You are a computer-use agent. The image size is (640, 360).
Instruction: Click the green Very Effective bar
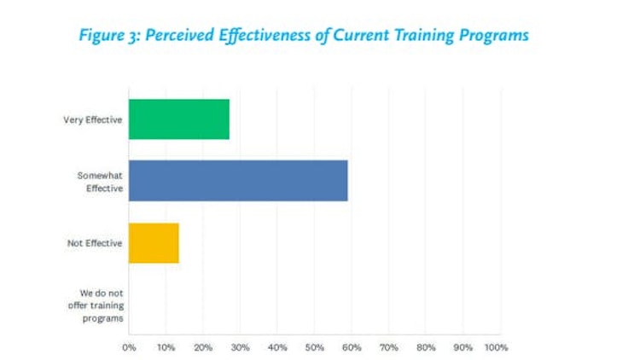pyautogui.click(x=179, y=119)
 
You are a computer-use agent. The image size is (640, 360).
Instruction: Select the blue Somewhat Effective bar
pyautogui.click(x=238, y=181)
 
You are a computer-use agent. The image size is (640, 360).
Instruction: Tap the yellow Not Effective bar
pyautogui.click(x=154, y=243)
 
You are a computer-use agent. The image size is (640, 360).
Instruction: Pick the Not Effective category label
pyautogui.click(x=96, y=243)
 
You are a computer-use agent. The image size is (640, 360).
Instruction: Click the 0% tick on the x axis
pyautogui.click(x=129, y=347)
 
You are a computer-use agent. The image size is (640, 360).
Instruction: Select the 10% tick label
pyautogui.click(x=166, y=347)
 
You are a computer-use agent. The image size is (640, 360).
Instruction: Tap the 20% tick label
pyautogui.click(x=203, y=347)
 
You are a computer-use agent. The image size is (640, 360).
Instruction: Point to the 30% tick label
pyautogui.click(x=240, y=347)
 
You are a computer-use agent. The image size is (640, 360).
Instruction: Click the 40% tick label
pyautogui.click(x=277, y=347)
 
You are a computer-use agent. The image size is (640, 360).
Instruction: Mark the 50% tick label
pyautogui.click(x=315, y=347)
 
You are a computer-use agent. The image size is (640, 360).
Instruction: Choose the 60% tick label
pyautogui.click(x=352, y=347)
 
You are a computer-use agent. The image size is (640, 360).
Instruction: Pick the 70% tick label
pyautogui.click(x=389, y=347)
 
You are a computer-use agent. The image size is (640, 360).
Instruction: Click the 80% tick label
pyautogui.click(x=426, y=347)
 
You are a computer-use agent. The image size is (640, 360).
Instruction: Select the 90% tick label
pyautogui.click(x=463, y=347)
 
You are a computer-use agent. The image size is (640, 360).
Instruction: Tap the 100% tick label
pyautogui.click(x=496, y=347)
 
